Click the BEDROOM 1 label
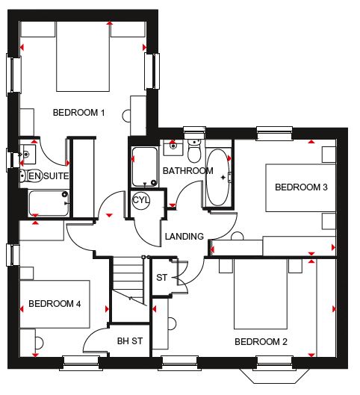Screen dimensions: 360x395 tap(78, 112)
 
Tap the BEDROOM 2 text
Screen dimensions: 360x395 tap(261, 342)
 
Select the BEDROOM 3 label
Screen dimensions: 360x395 tap(301, 187)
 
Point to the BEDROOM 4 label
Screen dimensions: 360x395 tap(55, 304)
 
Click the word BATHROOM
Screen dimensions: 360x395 tap(188, 171)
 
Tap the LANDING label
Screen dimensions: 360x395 tap(184, 236)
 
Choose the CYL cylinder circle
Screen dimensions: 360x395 tap(141, 201)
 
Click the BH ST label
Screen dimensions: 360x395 tap(130, 341)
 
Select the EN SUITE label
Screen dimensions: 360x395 tap(49, 175)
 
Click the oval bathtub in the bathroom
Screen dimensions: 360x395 tap(217, 178)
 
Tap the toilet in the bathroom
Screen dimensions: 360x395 tap(194, 150)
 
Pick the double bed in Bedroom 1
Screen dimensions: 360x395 tap(83, 57)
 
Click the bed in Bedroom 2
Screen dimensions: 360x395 tap(261, 293)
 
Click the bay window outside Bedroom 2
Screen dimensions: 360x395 tap(274, 376)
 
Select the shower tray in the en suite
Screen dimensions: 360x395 tap(49, 203)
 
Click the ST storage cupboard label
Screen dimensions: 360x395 tap(161, 278)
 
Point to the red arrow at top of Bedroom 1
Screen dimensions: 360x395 tap(109, 23)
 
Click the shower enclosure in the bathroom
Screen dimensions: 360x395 tap(145, 167)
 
